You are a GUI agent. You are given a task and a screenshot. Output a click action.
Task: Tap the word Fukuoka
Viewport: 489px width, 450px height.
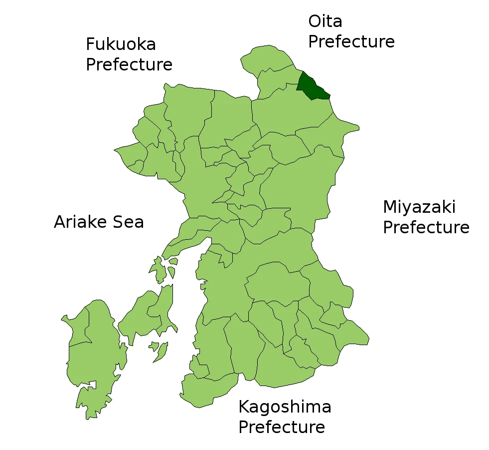coord(121,44)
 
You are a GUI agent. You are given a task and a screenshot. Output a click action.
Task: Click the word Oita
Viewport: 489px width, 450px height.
coord(325,21)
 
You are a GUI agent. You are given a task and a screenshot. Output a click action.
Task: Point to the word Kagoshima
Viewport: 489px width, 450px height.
coord(285,407)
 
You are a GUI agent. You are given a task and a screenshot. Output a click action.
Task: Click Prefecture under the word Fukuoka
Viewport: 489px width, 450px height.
coord(129,65)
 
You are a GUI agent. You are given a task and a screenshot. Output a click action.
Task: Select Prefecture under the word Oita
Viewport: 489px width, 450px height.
coord(351,42)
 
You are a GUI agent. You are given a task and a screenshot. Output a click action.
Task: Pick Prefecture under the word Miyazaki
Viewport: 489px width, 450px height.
coord(426,228)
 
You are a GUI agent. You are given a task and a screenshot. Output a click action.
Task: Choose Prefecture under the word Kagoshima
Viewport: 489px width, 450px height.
coord(282,428)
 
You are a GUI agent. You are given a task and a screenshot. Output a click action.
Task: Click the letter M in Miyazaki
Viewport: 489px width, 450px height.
coord(390,207)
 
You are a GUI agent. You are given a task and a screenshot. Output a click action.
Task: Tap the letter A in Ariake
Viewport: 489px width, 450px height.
coord(60,222)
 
